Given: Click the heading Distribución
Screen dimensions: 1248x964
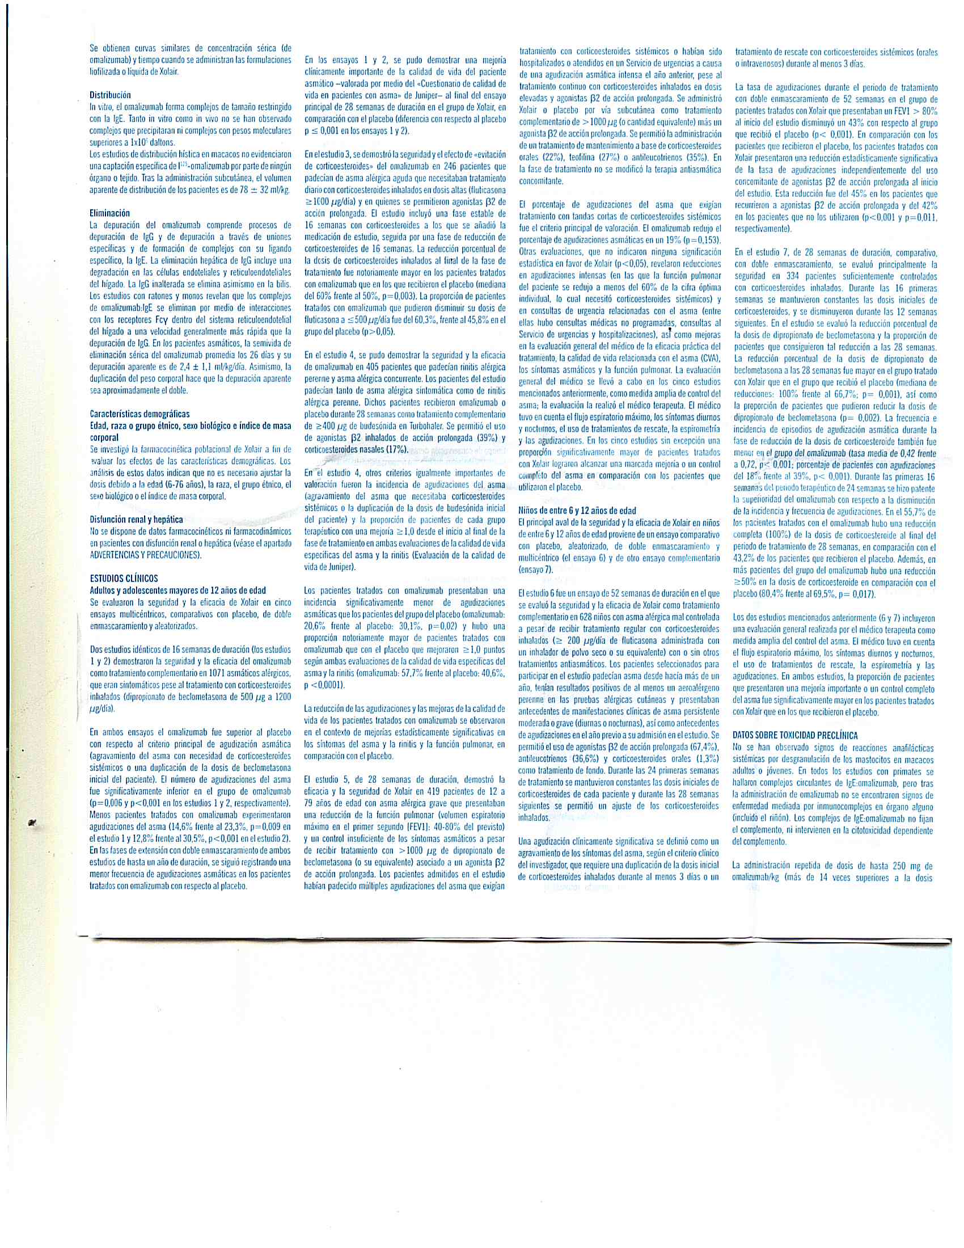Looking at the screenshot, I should pos(110,95).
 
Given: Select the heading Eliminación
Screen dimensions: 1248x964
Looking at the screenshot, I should pos(109,213).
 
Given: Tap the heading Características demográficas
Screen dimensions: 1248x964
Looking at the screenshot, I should pos(140,413).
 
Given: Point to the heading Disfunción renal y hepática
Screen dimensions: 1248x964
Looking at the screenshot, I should pos(137,520).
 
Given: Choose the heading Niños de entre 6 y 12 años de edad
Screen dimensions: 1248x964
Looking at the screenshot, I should pos(577,511).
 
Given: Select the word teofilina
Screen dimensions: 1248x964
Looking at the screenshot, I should pos(577,158).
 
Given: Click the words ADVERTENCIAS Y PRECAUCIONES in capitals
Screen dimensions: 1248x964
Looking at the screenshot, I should pos(146,555).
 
